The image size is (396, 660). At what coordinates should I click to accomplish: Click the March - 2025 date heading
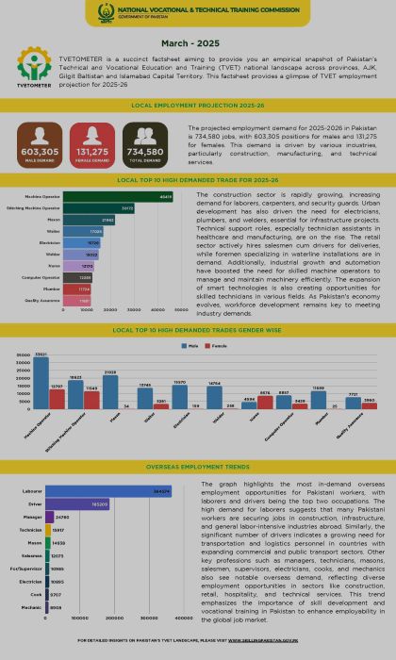pos(198,44)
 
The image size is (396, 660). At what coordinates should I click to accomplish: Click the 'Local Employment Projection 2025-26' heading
pos(198,106)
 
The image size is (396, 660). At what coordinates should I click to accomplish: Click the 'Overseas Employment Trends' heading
pos(198,466)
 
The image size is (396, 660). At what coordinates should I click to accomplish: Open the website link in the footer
pos(283,639)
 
